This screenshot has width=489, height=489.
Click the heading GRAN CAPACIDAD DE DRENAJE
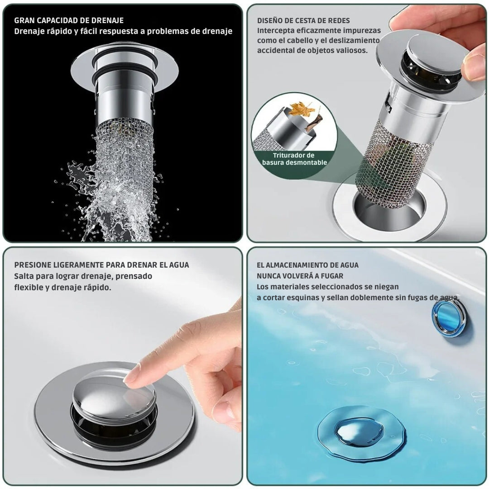coord(69,20)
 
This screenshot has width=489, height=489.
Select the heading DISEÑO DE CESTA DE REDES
coord(303,20)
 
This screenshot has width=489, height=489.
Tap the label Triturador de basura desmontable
coord(294,159)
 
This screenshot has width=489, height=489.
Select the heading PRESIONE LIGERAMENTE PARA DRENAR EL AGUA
coord(102,265)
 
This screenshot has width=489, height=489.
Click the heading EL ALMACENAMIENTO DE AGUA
coord(308,265)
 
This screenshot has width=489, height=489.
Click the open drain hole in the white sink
coord(389,209)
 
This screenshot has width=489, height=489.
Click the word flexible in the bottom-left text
coord(29,287)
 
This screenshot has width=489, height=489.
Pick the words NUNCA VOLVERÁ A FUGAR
coord(300,276)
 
